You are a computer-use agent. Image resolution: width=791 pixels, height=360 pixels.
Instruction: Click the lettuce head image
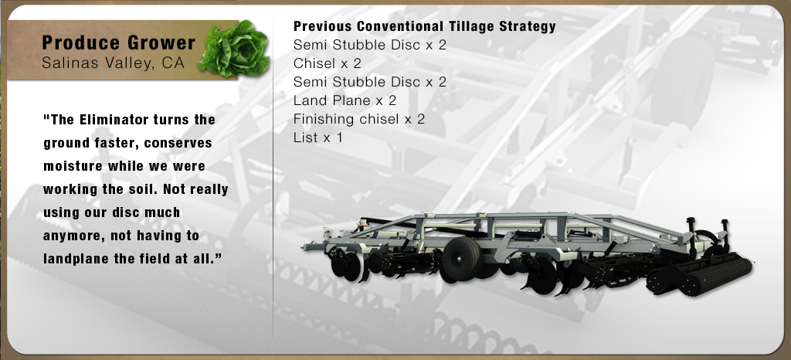click(x=234, y=49)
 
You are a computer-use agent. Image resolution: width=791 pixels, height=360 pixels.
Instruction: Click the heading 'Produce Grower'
click(x=118, y=42)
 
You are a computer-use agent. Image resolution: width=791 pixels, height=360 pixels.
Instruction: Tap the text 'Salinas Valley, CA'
click(x=114, y=63)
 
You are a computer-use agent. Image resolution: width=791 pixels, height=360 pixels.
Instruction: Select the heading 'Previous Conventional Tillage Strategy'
click(x=425, y=26)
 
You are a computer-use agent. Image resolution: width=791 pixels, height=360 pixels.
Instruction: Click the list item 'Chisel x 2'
click(x=328, y=63)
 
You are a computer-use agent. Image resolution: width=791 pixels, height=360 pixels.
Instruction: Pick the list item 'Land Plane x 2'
click(x=345, y=100)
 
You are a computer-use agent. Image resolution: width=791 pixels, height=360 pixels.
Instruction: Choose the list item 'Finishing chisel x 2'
click(x=359, y=119)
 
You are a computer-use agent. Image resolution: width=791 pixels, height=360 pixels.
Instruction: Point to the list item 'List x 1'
click(x=317, y=138)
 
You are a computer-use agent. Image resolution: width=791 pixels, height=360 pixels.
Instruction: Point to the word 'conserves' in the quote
click(x=178, y=143)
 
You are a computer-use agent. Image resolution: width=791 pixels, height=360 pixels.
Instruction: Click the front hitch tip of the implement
click(x=304, y=247)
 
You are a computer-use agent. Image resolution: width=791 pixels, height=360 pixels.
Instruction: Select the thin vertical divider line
click(x=273, y=179)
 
